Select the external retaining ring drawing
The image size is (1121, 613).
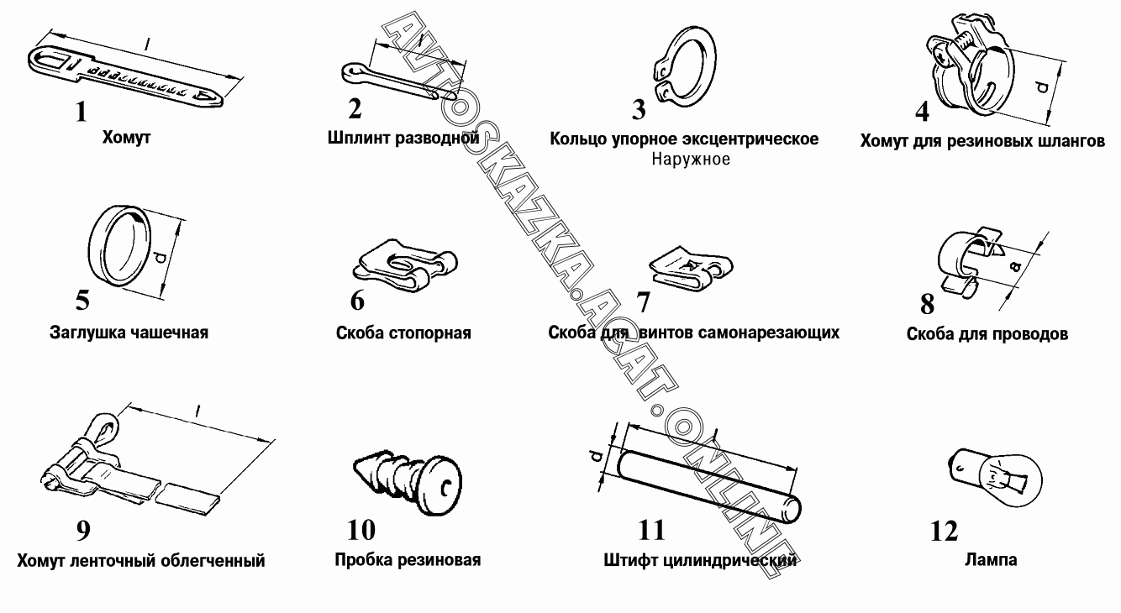click(685, 71)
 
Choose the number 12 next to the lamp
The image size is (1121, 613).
click(944, 532)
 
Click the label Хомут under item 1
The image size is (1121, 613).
click(126, 137)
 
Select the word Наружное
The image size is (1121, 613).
click(690, 159)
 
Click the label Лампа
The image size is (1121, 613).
click(991, 559)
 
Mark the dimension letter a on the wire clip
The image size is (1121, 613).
click(1015, 266)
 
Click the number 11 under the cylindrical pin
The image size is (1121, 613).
click(651, 530)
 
